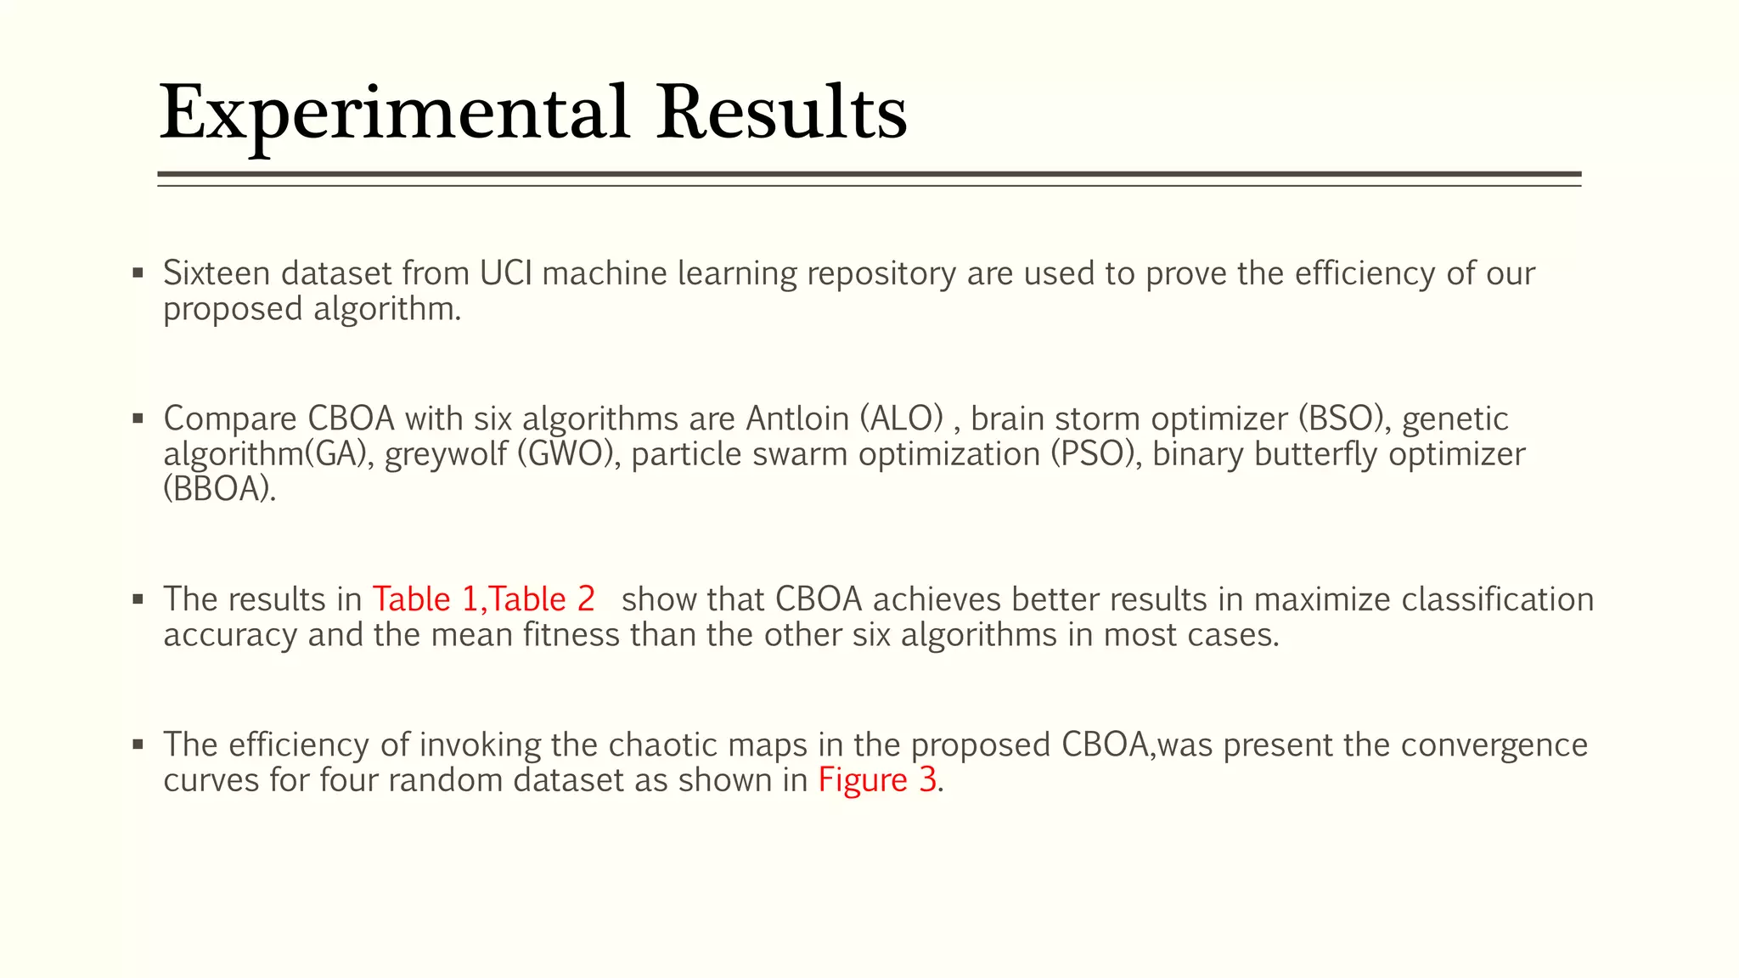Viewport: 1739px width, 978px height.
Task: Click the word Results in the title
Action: click(781, 113)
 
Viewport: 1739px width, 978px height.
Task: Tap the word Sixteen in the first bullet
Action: click(217, 273)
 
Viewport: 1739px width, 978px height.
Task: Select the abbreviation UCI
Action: click(505, 273)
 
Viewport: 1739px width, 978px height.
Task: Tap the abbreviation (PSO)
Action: click(1096, 454)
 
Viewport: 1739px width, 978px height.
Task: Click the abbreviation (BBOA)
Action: click(219, 490)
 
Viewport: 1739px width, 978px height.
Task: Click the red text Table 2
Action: click(543, 599)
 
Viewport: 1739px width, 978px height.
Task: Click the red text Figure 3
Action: click(877, 780)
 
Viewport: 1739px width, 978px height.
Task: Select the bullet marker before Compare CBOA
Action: click(138, 419)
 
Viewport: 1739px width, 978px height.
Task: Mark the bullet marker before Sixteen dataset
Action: click(138, 273)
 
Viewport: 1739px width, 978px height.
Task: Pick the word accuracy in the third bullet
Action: click(229, 636)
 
